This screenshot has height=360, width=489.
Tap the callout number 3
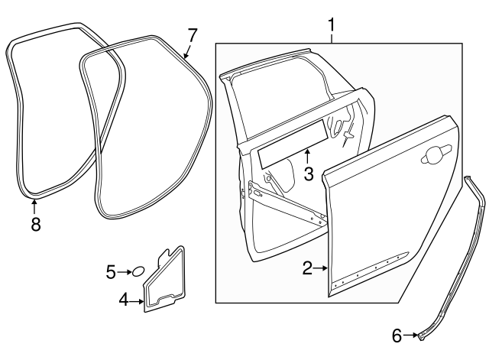(x=308, y=174)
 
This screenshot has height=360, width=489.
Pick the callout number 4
(x=124, y=301)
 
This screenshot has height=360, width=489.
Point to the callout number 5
(x=111, y=271)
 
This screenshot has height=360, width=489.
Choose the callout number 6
(x=397, y=334)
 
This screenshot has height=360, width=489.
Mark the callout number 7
(x=192, y=34)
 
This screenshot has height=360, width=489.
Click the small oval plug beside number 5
(x=138, y=271)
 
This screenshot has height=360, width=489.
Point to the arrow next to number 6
(x=411, y=334)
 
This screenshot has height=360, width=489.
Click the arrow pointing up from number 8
(x=34, y=205)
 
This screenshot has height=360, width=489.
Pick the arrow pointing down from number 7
(x=188, y=52)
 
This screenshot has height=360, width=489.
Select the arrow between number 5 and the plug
(x=125, y=271)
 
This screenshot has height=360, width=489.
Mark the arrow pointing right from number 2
(x=321, y=268)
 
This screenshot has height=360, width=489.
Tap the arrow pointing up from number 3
(x=307, y=155)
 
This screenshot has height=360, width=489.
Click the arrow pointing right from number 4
(x=138, y=301)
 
